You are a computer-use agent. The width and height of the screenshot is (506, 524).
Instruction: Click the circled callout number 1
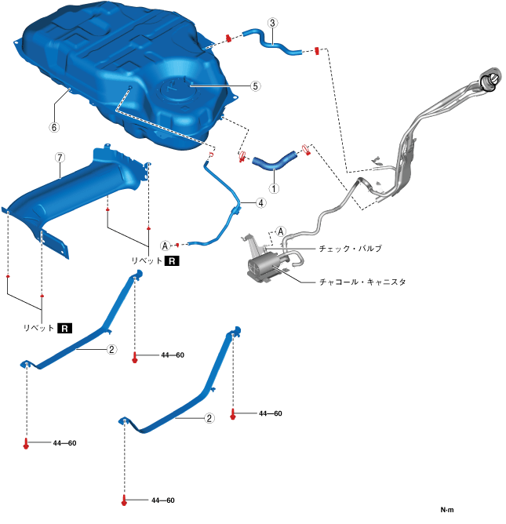[x=274, y=188]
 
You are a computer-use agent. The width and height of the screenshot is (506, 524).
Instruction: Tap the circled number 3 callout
[x=271, y=24]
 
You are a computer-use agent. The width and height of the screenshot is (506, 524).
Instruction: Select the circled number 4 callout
[x=258, y=202]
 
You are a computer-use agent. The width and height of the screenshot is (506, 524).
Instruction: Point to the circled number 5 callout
[x=255, y=87]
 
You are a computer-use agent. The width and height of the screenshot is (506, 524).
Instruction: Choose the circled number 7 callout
[x=60, y=157]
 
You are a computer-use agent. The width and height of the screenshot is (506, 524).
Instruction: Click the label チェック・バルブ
[x=351, y=248]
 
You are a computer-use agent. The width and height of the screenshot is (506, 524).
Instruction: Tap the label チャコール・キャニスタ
[x=362, y=280]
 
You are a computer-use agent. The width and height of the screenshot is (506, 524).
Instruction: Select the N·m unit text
[x=447, y=509]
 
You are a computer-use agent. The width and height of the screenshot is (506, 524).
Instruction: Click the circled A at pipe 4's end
[x=166, y=245]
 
